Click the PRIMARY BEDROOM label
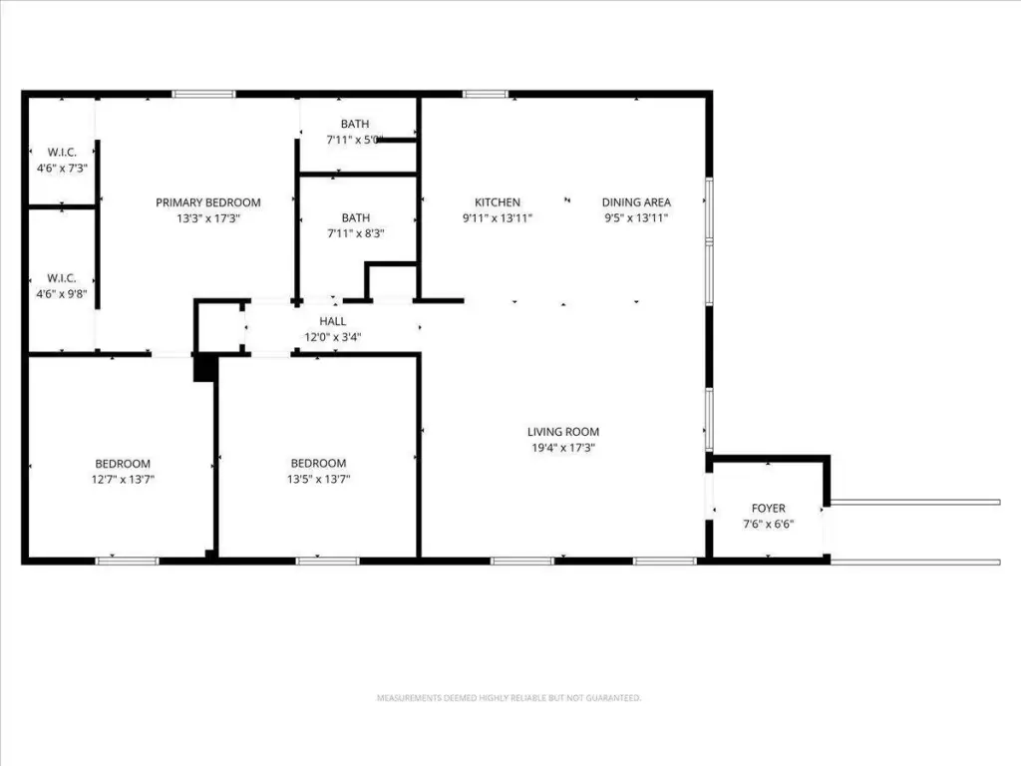tap(208, 202)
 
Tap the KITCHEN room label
tap(498, 202)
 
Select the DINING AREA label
tap(636, 202)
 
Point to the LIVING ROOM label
tap(563, 432)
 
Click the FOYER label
tap(769, 508)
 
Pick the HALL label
tap(333, 321)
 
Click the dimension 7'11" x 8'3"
tap(356, 233)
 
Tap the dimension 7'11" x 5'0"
tap(355, 140)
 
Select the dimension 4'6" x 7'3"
tap(62, 168)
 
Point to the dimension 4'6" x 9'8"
tap(62, 294)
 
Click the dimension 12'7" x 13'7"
tap(123, 480)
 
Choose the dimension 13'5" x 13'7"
tap(318, 479)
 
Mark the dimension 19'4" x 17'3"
tap(563, 448)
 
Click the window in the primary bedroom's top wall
tap(203, 95)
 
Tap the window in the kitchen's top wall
tap(486, 95)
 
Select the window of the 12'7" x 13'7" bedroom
tap(127, 561)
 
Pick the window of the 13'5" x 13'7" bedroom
tap(327, 561)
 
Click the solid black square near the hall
tap(204, 368)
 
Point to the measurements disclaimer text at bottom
tap(510, 697)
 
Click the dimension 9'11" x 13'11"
tap(498, 218)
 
